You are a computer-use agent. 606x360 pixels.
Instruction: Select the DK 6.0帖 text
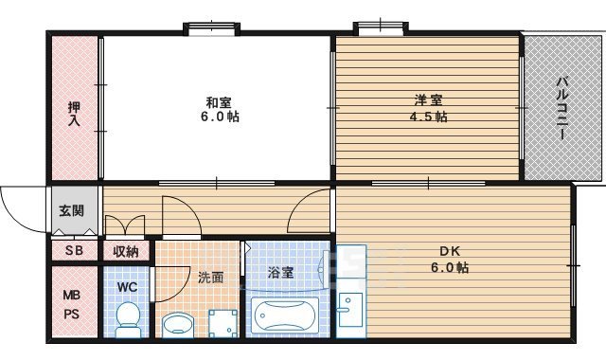[449, 259]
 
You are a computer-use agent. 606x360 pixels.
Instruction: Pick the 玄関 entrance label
[70, 210]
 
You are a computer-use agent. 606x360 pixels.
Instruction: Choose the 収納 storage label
[126, 251]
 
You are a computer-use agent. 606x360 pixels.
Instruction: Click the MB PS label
[72, 305]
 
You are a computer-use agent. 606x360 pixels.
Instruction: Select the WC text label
[127, 286]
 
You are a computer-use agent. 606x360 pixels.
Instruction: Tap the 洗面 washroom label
[210, 278]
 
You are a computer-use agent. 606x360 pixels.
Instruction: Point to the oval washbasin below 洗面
[176, 325]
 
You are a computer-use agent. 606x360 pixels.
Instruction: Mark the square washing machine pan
[223, 323]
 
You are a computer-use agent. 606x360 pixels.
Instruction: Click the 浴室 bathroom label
[280, 272]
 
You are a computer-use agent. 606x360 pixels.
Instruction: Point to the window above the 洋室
[380, 27]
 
